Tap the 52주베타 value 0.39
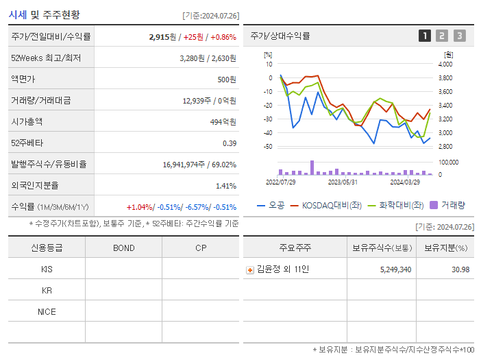coord(229,143)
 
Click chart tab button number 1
coord(425,36)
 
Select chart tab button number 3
coord(459,36)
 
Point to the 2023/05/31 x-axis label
coord(343,182)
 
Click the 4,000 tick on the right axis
coord(445,64)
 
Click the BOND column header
coord(123,248)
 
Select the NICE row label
coord(47,312)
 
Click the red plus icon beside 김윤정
coord(249,269)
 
